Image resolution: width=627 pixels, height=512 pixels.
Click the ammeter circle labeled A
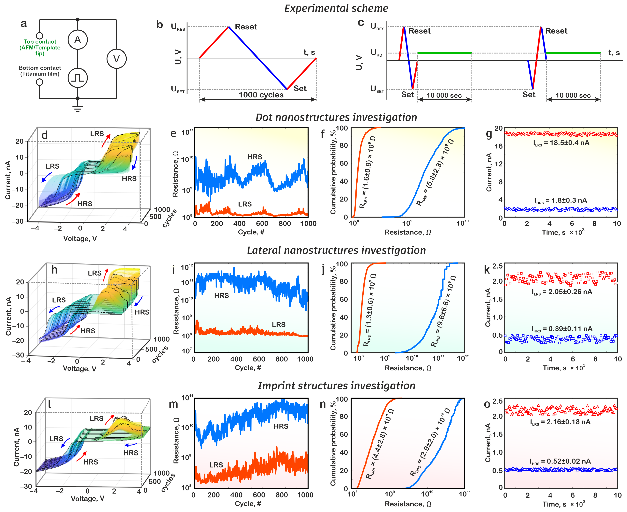pos(78,39)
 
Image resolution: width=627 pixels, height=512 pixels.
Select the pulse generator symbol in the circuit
pos(78,78)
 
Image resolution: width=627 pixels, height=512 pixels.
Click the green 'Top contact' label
pos(40,48)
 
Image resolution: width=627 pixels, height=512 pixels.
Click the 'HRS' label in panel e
pos(255,157)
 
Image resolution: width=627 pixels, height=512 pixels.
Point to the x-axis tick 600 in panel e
pos(262,224)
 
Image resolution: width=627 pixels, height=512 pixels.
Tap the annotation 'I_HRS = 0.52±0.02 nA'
pos(560,462)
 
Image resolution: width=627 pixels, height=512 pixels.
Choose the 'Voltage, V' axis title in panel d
pos(80,239)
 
